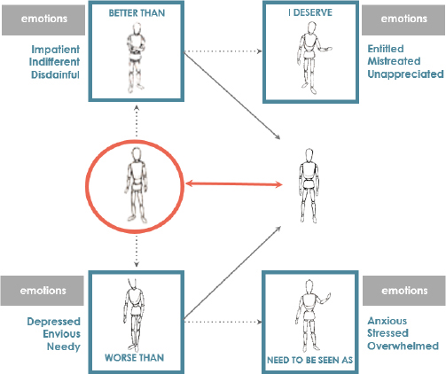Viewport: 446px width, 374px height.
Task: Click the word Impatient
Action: pyautogui.click(x=56, y=50)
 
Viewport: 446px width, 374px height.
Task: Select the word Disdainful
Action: pyautogui.click(x=55, y=74)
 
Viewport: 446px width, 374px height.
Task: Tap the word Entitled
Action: pyautogui.click(x=386, y=49)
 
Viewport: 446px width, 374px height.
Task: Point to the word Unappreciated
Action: pyautogui.click(x=405, y=74)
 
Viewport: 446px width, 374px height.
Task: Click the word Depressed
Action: pyautogui.click(x=53, y=322)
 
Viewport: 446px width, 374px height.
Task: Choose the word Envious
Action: pyautogui.click(x=61, y=334)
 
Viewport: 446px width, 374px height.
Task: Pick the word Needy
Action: pyautogui.click(x=64, y=347)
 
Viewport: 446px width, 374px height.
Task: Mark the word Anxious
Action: pyautogui.click(x=387, y=321)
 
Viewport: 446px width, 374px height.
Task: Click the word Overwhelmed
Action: pyautogui.click(x=403, y=346)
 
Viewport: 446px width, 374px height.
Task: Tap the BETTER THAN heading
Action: pyautogui.click(x=137, y=13)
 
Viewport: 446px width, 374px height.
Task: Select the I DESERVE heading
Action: pyautogui.click(x=310, y=12)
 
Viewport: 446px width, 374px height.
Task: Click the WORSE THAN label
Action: pyautogui.click(x=134, y=358)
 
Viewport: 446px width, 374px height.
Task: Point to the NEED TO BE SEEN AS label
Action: pyautogui.click(x=310, y=360)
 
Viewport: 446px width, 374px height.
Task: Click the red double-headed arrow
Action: pyautogui.click(x=234, y=184)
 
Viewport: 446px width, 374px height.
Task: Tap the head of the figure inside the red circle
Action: pyautogui.click(x=136, y=154)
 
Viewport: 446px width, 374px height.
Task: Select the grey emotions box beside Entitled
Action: pyautogui.click(x=403, y=19)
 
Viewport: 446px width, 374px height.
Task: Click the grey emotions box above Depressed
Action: pyautogui.click(x=43, y=291)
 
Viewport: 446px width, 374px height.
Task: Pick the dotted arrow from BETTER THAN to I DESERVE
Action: pyautogui.click(x=223, y=51)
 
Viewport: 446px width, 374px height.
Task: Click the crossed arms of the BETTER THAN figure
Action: pyautogui.click(x=136, y=47)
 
